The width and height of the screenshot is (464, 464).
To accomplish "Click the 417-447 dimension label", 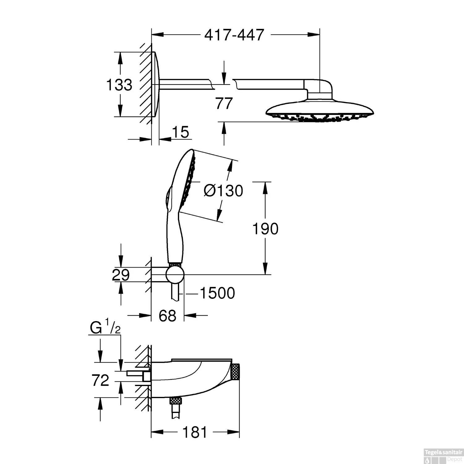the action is pyautogui.click(x=234, y=35).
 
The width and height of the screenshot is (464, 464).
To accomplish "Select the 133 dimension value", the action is pyautogui.click(x=119, y=84).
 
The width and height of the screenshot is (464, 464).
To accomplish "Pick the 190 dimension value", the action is pyautogui.click(x=265, y=229).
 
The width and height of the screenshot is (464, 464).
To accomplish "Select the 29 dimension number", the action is pyautogui.click(x=121, y=275).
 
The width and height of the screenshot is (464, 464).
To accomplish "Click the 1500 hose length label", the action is pyautogui.click(x=217, y=293).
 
